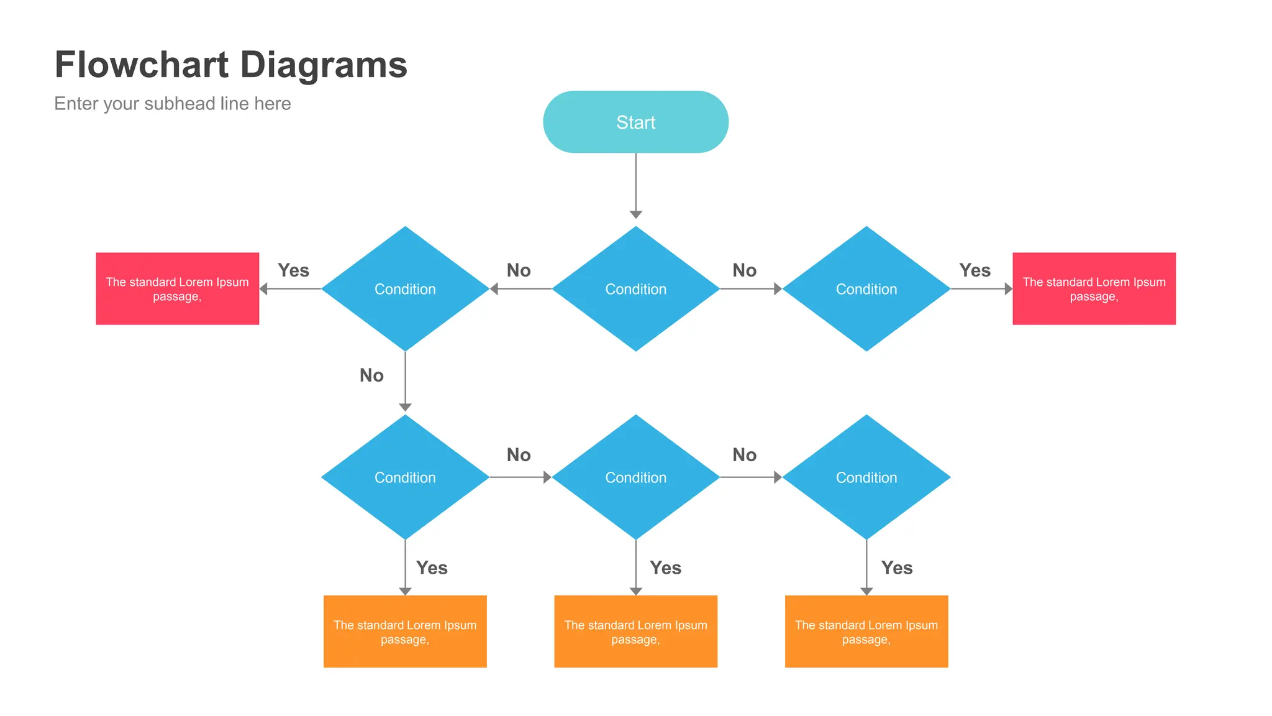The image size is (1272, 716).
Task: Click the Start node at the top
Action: tap(635, 122)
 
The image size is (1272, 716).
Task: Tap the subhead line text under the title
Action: tap(172, 103)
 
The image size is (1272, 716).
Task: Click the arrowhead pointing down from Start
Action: tap(635, 214)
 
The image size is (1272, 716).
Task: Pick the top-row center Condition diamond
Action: tap(635, 289)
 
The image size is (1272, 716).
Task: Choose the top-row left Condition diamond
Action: tap(405, 289)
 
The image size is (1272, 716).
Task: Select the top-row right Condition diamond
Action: tap(866, 289)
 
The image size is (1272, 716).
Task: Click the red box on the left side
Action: tap(177, 288)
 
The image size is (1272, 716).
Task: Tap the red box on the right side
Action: tap(1094, 288)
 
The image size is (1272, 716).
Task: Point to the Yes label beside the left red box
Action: tap(293, 270)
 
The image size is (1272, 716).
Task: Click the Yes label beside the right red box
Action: tap(974, 270)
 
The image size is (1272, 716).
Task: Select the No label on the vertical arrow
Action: tap(371, 375)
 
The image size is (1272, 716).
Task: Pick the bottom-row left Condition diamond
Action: tap(405, 477)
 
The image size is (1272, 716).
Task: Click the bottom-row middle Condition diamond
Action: tap(635, 477)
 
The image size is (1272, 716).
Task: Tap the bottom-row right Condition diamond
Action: tap(866, 477)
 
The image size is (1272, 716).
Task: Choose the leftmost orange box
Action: tap(405, 631)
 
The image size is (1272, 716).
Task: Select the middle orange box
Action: tap(635, 631)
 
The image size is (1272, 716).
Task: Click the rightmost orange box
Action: tap(866, 631)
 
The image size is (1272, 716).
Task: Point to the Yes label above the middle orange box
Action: tap(665, 568)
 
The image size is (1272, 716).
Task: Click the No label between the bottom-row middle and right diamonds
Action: tap(744, 455)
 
